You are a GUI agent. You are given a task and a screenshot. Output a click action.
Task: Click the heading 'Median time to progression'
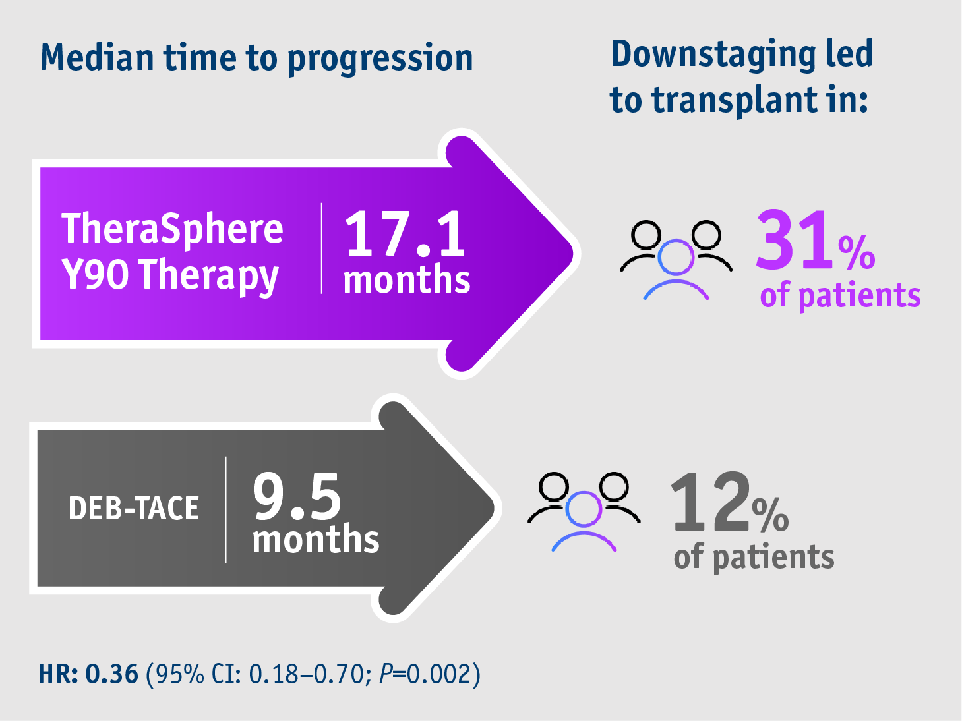256,58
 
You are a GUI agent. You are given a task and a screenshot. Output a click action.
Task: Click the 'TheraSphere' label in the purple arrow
172,229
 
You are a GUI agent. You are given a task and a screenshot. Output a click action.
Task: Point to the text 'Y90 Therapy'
170,275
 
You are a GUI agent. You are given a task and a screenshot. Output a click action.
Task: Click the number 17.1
405,234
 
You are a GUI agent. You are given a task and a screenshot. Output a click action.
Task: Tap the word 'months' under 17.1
407,280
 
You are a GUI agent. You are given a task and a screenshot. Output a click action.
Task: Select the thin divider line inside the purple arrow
322,248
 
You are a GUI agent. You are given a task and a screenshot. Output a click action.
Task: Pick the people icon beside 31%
676,259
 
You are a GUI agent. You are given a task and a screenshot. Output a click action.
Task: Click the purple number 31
794,240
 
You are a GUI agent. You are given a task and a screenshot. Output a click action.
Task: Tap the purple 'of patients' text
840,295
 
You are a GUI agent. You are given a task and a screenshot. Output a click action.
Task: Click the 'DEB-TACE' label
134,508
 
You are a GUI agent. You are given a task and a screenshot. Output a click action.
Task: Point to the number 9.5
297,496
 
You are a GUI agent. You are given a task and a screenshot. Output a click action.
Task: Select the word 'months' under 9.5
316,540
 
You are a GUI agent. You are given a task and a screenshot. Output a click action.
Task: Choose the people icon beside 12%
584,510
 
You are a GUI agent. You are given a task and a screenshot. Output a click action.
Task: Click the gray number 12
710,502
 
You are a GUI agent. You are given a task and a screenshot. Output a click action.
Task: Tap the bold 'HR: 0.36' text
88,674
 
